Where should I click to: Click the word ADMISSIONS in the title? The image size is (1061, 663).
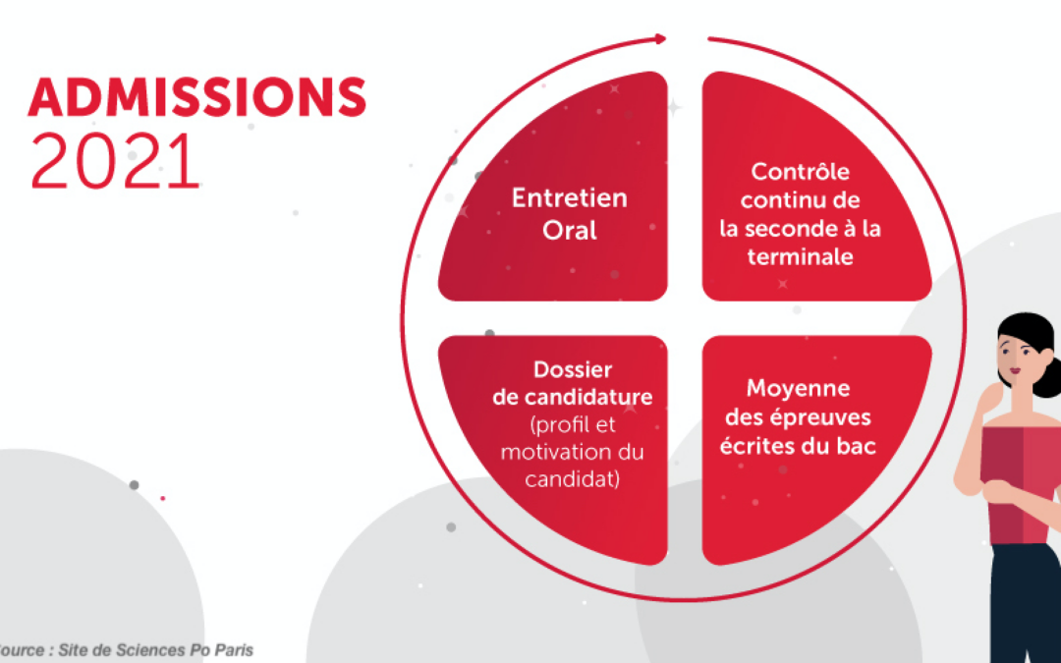tap(196, 97)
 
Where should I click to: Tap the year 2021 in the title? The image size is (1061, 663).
tap(116, 161)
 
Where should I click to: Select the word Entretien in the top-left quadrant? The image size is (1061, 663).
tap(569, 198)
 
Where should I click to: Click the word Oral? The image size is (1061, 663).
tap(569, 230)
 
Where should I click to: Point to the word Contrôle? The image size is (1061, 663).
tap(800, 171)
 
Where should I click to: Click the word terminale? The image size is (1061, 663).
tap(800, 257)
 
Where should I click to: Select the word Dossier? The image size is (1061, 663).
tap(573, 369)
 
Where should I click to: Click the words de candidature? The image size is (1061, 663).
tap(573, 397)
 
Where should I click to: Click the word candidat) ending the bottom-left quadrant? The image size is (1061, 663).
tap(573, 479)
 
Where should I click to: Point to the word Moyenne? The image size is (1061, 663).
tap(798, 389)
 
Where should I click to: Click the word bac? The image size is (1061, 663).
tap(858, 446)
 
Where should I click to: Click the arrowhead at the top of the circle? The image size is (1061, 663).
tap(661, 38)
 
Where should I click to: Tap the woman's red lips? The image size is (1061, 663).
tap(1015, 370)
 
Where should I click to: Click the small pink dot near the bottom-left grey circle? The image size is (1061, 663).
tap(162, 499)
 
